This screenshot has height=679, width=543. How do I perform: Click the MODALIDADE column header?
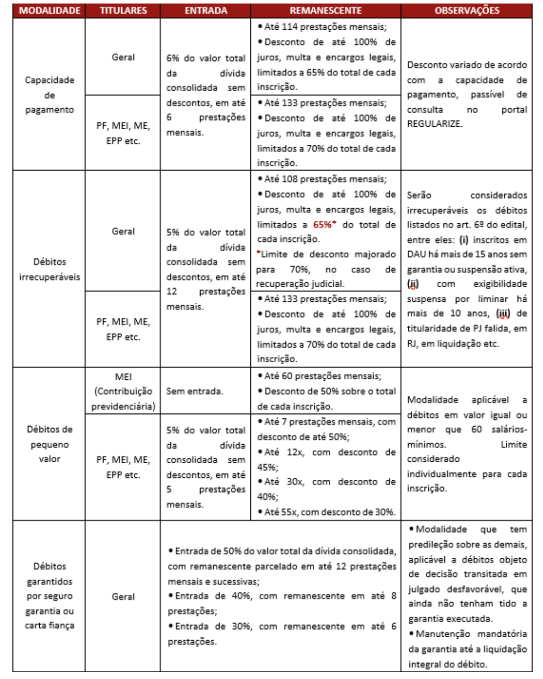[49, 11]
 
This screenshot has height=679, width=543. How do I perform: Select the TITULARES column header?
[123, 11]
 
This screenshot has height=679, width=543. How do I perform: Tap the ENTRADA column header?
[206, 11]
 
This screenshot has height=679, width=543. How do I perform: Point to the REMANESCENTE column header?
[325, 11]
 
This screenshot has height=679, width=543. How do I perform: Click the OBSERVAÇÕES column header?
[467, 11]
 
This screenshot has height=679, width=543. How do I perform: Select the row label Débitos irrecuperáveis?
[49, 269]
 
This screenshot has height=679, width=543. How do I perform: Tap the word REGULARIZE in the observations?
[434, 124]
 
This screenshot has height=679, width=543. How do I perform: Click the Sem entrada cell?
[195, 391]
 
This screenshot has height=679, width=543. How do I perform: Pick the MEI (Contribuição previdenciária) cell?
[123, 391]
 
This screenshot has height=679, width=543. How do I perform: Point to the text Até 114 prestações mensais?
[325, 27]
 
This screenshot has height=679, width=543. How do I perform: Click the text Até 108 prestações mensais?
[325, 179]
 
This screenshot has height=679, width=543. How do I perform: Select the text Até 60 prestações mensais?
[322, 376]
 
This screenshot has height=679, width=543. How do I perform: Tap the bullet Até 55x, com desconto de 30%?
[329, 512]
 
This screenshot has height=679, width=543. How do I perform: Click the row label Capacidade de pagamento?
[49, 95]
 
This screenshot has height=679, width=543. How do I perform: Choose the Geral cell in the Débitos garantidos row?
[123, 597]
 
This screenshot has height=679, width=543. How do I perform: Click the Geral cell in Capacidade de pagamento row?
[123, 57]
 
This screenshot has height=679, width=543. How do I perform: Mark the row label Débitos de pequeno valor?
[49, 444]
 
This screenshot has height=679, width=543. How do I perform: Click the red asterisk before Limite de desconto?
[258, 252]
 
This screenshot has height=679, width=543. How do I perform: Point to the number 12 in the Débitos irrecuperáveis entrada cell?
[172, 291]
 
